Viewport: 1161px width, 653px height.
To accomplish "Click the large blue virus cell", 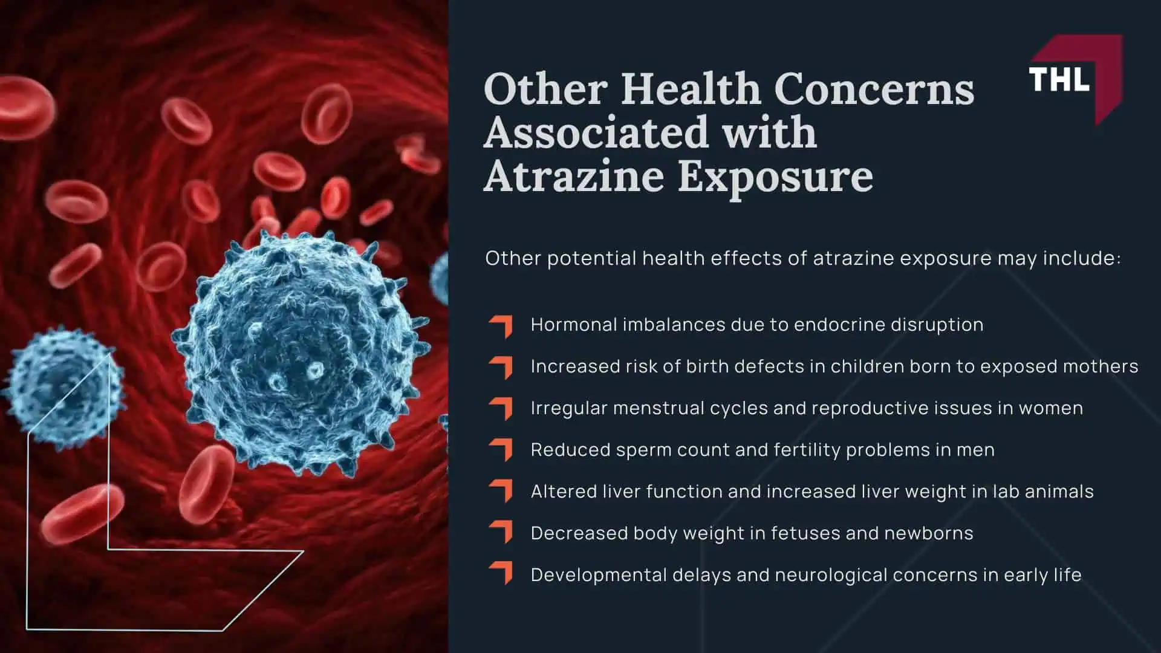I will pyautogui.click(x=299, y=351).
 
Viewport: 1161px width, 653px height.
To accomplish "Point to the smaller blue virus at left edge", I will pyautogui.click(x=60, y=387).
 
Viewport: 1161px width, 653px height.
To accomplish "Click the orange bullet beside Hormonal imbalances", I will pyautogui.click(x=501, y=326).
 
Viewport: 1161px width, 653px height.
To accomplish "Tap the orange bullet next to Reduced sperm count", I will pyautogui.click(x=501, y=450).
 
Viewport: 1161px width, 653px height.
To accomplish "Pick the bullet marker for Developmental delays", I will pyautogui.click(x=501, y=574).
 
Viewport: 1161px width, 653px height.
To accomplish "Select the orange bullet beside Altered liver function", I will pyautogui.click(x=501, y=492).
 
